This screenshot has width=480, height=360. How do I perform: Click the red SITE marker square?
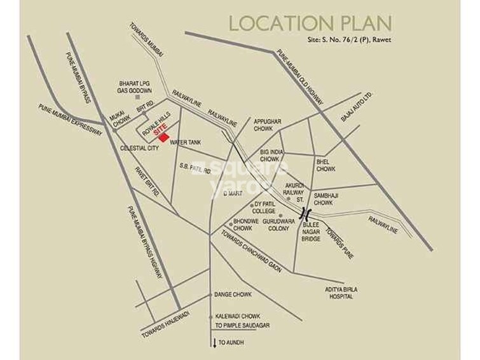163,137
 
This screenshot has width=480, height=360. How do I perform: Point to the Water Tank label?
186,142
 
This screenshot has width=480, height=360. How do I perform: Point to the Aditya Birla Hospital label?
341,293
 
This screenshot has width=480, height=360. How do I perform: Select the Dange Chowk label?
233,294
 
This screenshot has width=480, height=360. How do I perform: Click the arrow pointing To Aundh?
214,343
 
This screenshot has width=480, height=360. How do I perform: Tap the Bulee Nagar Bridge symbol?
306,212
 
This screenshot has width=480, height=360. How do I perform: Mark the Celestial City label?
139,148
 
